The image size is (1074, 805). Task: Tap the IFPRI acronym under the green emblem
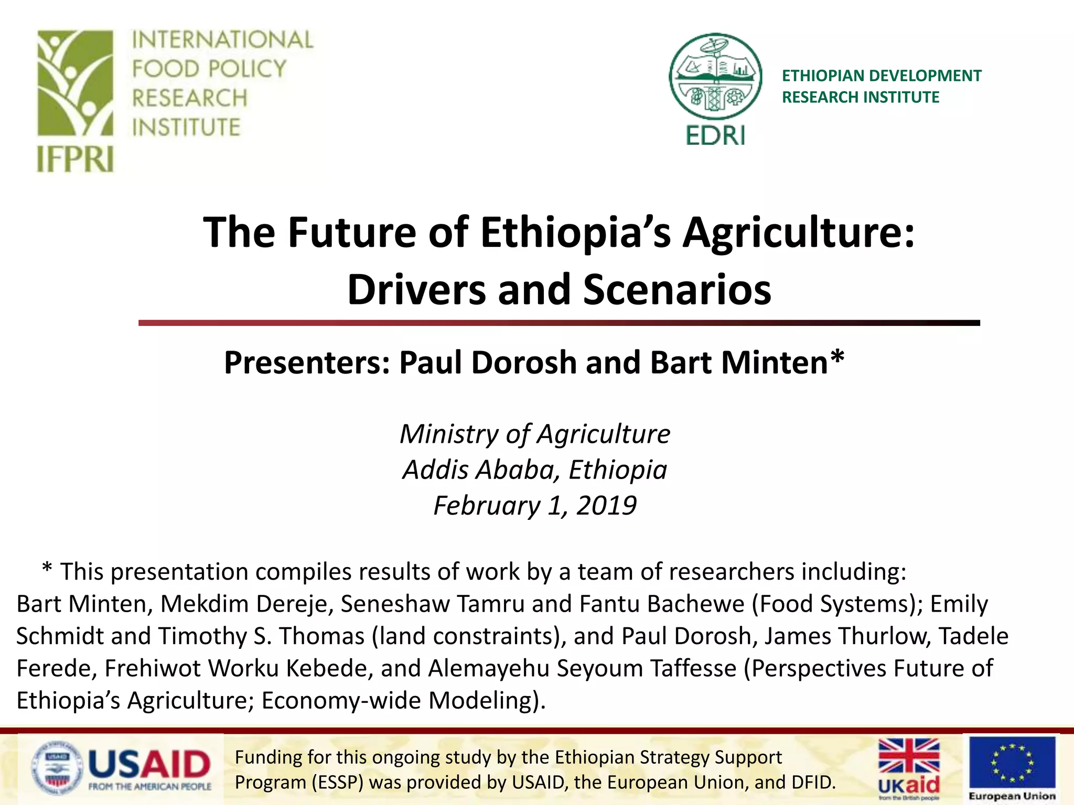75,159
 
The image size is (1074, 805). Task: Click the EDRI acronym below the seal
715,136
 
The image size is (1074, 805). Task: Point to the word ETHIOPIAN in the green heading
822,76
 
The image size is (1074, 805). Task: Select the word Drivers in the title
416,289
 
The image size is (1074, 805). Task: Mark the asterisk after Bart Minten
837,358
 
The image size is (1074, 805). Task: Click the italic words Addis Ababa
477,470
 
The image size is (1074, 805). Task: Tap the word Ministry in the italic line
448,434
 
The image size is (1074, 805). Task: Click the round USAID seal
57,769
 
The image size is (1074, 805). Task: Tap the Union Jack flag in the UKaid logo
909,756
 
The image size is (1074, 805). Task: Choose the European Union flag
1012,763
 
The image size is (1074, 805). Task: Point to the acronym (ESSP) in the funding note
337,782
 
